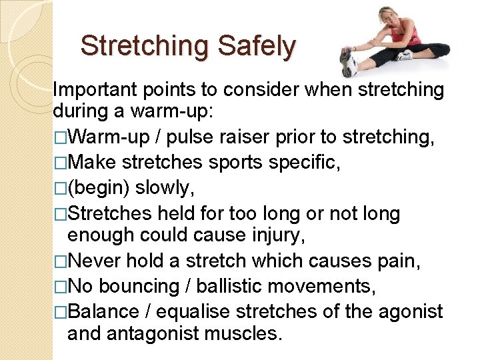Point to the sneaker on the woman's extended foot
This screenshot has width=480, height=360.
[x=347, y=63]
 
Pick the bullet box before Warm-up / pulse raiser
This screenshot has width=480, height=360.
[x=60, y=137]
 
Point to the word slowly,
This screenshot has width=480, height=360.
[x=165, y=189]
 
